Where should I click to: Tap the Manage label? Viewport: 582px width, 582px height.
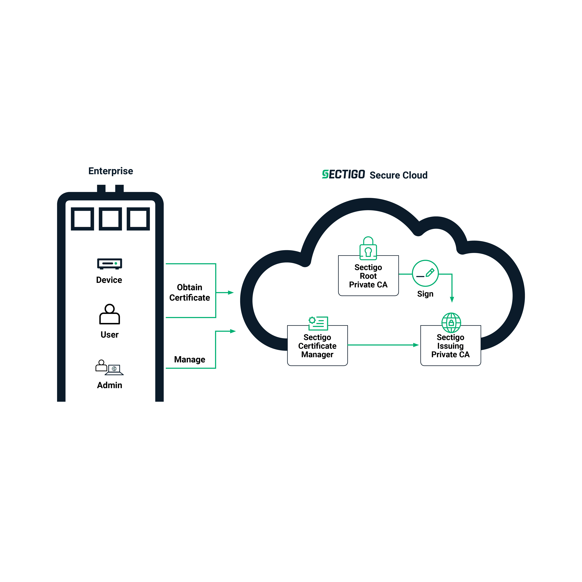click(189, 359)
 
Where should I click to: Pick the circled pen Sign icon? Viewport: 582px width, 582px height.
click(425, 273)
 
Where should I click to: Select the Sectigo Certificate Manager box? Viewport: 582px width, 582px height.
click(317, 346)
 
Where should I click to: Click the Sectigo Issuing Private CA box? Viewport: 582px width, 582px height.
click(450, 346)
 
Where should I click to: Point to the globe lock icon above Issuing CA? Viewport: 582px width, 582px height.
click(451, 323)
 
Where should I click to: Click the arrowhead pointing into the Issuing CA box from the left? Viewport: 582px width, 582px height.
click(416, 345)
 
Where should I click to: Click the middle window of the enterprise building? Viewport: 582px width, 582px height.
click(110, 219)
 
